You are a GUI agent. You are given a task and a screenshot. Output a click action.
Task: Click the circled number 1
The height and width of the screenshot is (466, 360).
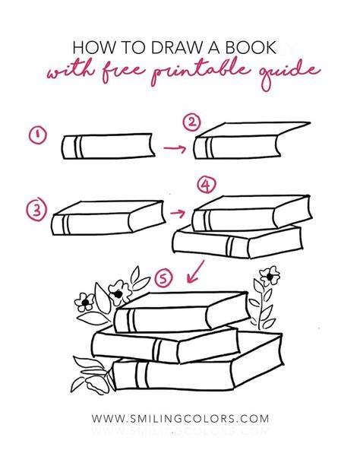click(x=38, y=135)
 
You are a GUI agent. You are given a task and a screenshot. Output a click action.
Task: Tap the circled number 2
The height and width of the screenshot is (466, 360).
click(x=192, y=122)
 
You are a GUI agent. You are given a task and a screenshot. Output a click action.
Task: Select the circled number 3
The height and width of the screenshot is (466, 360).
click(x=36, y=211)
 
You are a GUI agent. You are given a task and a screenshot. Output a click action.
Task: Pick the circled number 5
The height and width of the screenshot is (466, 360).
click(x=163, y=278)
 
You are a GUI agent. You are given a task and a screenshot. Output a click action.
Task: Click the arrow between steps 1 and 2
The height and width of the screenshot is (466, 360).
click(x=175, y=147)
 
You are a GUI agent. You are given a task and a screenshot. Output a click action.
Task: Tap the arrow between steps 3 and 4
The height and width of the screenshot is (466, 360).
click(x=177, y=213)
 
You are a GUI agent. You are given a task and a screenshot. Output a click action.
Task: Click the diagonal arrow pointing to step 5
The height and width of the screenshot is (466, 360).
click(x=195, y=271)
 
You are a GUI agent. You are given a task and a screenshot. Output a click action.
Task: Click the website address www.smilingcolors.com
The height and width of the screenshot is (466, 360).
click(x=180, y=418)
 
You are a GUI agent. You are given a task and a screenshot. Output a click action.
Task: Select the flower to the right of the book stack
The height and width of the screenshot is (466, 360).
click(x=270, y=276)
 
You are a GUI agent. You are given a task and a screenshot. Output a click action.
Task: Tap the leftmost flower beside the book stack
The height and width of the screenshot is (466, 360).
click(x=84, y=303)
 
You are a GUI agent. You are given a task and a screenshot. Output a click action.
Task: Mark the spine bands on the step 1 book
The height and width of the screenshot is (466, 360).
click(x=77, y=147)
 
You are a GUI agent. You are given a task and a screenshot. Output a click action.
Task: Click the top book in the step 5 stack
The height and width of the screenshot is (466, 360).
click(x=182, y=312)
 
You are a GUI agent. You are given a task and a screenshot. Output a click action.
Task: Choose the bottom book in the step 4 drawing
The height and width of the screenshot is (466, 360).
click(x=238, y=243)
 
